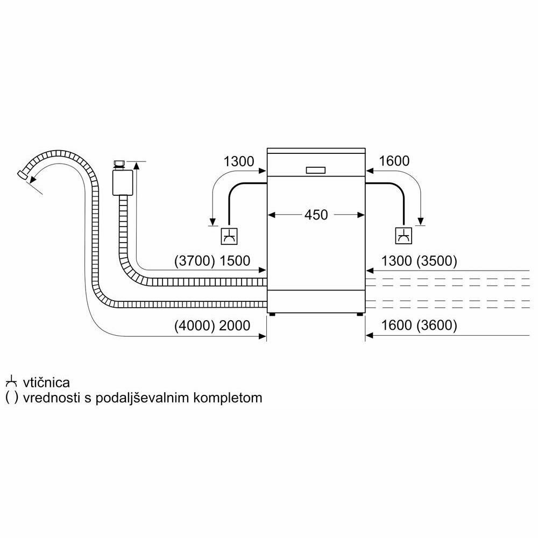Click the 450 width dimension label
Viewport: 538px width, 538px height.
tap(316, 215)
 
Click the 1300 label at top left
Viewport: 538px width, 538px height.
tap(238, 160)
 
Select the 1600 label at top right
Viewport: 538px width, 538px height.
tap(394, 160)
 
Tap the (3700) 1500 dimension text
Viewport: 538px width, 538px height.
tap(213, 261)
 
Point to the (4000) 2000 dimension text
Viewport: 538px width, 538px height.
tap(213, 325)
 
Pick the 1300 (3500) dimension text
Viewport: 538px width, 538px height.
tap(419, 261)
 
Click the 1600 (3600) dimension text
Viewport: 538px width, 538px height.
tap(419, 325)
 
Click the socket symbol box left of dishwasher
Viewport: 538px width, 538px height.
tap(229, 235)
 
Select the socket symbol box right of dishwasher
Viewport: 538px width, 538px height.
tap(403, 235)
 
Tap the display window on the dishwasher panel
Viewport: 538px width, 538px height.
tap(316, 170)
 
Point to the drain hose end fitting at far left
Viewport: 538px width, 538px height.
tap(23, 175)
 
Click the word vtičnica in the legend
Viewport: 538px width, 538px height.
tap(46, 383)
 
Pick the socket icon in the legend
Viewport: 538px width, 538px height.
tap(11, 382)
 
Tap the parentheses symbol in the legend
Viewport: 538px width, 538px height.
tap(11, 398)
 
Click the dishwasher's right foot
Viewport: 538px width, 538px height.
tap(358, 314)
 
